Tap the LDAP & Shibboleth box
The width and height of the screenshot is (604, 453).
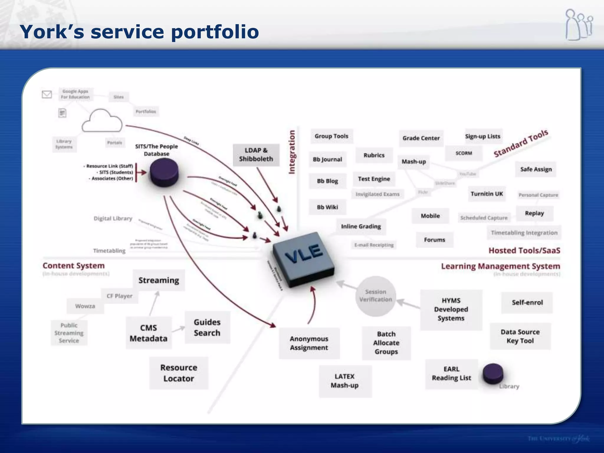click(x=256, y=155)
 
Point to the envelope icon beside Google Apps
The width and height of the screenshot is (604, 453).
click(x=47, y=94)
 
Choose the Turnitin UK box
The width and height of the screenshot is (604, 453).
click(x=487, y=194)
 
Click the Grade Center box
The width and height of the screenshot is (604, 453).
click(x=421, y=138)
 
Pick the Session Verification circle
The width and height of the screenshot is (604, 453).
click(x=375, y=296)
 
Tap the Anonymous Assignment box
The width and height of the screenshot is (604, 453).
click(x=309, y=343)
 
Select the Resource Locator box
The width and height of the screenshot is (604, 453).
click(x=179, y=373)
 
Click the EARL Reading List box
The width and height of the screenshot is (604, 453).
click(x=451, y=374)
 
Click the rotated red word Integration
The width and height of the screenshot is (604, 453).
click(x=292, y=152)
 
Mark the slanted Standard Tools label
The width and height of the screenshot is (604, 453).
click(x=521, y=143)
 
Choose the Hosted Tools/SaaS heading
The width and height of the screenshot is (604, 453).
click(x=524, y=251)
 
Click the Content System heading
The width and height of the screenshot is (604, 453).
click(x=74, y=266)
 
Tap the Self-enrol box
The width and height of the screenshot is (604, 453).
click(x=527, y=303)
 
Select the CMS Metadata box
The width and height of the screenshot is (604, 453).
click(x=149, y=333)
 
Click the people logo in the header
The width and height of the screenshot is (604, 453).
click(x=579, y=25)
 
